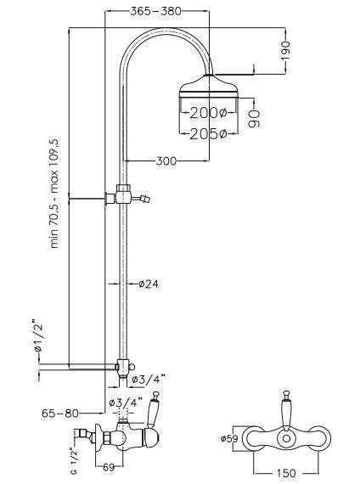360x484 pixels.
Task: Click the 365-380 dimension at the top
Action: point(155,11)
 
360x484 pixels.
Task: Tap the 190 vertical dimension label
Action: point(285,51)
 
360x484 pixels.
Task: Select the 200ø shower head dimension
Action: point(208,113)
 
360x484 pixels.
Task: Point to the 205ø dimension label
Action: point(208,134)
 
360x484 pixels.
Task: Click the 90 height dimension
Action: point(255,118)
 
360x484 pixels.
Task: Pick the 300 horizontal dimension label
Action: point(166,160)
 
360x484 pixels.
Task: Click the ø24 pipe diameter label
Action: point(149,284)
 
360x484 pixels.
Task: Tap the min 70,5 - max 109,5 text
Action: point(54,194)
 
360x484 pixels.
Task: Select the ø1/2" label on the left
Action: point(38,337)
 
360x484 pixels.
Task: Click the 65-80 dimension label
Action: point(60,413)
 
